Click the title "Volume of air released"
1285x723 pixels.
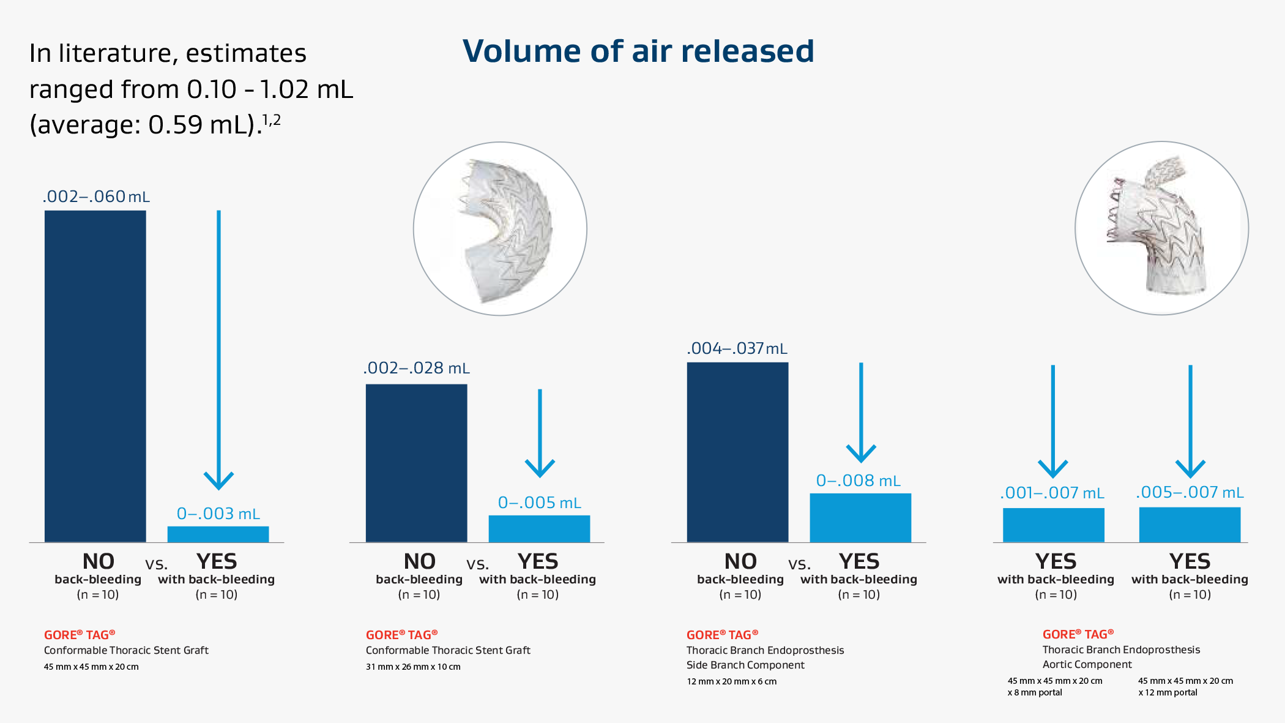pyautogui.click(x=638, y=51)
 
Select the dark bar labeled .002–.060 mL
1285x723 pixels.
pyautogui.click(x=95, y=376)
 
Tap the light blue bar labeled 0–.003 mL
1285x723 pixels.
pyautogui.click(x=218, y=534)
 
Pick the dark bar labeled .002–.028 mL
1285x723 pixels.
pyautogui.click(x=417, y=463)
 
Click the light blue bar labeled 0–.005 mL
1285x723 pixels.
pyautogui.click(x=540, y=529)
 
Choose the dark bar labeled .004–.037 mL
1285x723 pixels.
pyautogui.click(x=738, y=452)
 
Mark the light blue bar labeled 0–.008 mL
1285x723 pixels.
pyautogui.click(x=861, y=518)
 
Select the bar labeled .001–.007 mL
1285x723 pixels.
pyautogui.click(x=1054, y=525)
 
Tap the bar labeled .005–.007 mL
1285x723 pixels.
pyautogui.click(x=1190, y=525)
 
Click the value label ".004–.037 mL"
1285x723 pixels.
pyautogui.click(x=737, y=348)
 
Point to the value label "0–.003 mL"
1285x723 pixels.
pyautogui.click(x=218, y=514)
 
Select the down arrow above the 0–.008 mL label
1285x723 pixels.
pyautogui.click(x=861, y=413)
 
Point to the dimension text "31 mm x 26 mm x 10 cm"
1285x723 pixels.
pyautogui.click(x=413, y=667)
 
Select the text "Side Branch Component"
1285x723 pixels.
pyautogui.click(x=745, y=665)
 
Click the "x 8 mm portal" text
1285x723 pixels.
pyautogui.click(x=1035, y=692)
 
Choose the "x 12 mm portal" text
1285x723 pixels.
pyautogui.click(x=1168, y=692)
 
